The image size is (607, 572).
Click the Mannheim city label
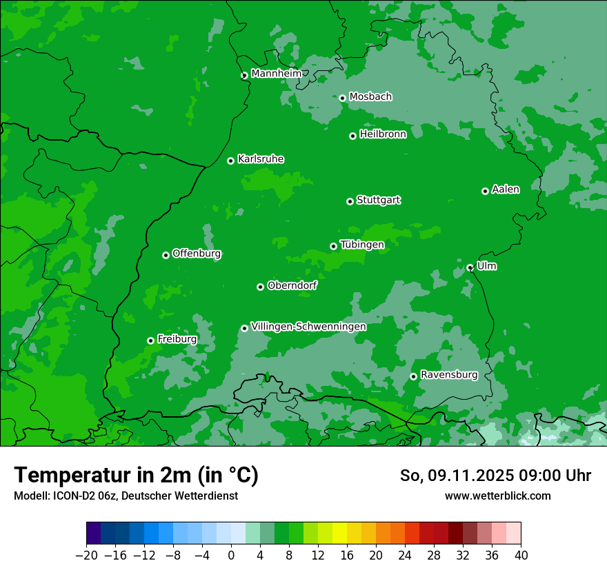coord(277,74)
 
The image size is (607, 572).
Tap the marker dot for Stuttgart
coord(350,201)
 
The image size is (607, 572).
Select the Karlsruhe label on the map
coord(261,159)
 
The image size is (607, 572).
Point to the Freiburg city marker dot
coord(150,340)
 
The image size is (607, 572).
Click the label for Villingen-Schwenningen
coord(308,327)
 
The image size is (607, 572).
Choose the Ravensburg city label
coord(449,375)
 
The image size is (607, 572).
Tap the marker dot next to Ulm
coord(470,267)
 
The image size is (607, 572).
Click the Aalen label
coord(506,190)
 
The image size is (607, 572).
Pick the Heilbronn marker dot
coord(353,136)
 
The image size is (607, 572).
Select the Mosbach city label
coord(370,96)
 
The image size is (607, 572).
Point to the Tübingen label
coord(362,245)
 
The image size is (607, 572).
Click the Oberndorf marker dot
coord(261,287)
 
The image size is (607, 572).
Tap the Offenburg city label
coord(197,254)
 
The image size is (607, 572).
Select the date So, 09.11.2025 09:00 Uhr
coord(495,476)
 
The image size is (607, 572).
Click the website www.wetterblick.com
coord(498,496)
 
